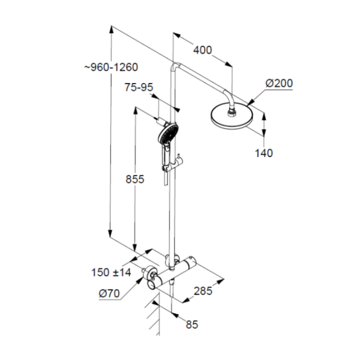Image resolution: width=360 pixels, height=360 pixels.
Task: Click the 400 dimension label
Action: pos(202,50)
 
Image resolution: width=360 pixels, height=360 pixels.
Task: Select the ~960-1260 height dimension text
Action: pos(111,67)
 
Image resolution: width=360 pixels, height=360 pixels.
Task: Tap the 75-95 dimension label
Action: pos(138,87)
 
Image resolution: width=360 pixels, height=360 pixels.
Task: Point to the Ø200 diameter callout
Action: pos(279,83)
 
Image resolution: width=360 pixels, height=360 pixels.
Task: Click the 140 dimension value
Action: pos(264,153)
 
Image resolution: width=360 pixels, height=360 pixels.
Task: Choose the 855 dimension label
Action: pos(135,179)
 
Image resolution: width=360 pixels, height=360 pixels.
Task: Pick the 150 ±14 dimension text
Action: pos(111,272)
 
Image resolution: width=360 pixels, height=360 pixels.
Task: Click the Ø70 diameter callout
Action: pos(109,293)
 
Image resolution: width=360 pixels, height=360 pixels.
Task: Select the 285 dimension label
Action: pos(203,291)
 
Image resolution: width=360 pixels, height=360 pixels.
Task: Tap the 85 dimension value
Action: pos(192,324)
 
